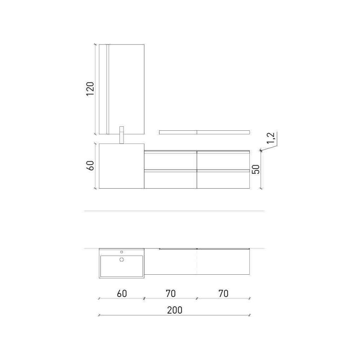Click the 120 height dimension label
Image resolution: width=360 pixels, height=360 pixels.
click(x=90, y=89)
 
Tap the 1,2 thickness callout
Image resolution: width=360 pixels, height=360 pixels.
click(x=271, y=138)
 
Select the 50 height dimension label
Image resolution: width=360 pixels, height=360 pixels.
click(x=256, y=170)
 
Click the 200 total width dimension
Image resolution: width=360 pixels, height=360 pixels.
click(x=175, y=310)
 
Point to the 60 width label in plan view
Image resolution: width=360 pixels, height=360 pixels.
click(x=122, y=294)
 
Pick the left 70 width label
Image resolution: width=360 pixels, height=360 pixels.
click(x=171, y=294)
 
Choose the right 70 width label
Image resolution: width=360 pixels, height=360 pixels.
click(x=224, y=294)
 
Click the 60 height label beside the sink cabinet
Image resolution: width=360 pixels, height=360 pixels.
click(x=90, y=166)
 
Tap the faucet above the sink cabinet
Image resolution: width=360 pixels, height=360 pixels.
click(x=122, y=135)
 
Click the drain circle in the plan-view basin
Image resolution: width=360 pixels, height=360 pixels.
click(x=122, y=260)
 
